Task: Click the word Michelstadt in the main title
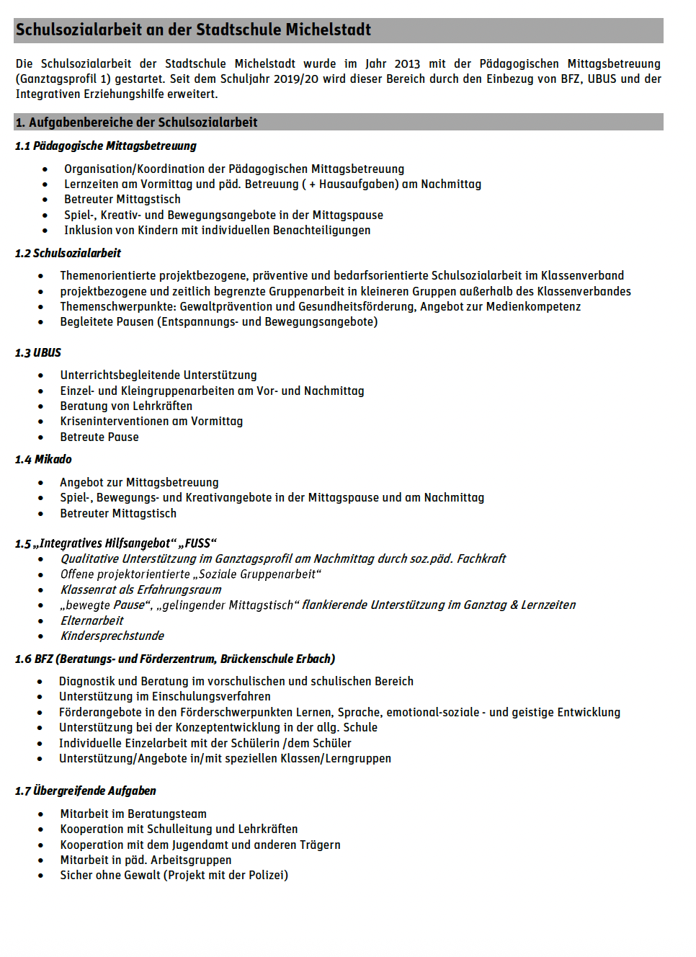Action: [x=328, y=30]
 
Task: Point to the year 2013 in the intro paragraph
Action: [x=407, y=64]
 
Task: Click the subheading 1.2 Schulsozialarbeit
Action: [x=68, y=254]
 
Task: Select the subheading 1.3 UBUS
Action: [x=38, y=353]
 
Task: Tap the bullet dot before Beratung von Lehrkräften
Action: [x=41, y=406]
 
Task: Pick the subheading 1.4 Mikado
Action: [x=43, y=460]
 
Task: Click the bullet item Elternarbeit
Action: [x=92, y=621]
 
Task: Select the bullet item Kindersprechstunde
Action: [x=112, y=636]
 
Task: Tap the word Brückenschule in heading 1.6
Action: [x=258, y=659]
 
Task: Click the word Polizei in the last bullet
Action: [x=267, y=876]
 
